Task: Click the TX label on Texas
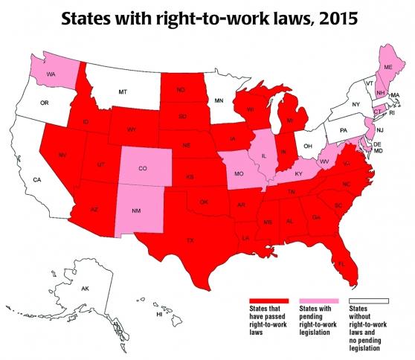coord(190,240)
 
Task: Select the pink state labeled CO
coord(142,169)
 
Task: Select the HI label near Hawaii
coord(158,315)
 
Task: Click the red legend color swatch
coord(269,299)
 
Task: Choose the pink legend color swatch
coord(318,299)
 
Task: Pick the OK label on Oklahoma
coord(202,200)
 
